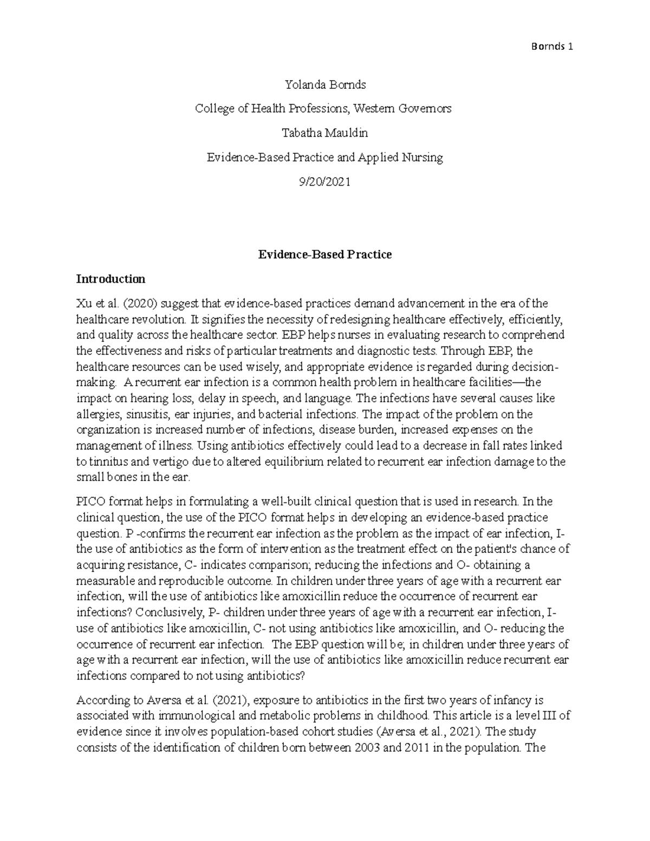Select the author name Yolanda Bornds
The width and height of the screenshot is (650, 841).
click(x=325, y=84)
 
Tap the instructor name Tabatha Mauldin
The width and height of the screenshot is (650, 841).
click(x=325, y=133)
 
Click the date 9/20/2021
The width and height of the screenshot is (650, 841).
click(x=325, y=181)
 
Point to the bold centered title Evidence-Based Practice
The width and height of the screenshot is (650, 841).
click(x=325, y=254)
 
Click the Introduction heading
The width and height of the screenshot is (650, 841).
click(x=110, y=279)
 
